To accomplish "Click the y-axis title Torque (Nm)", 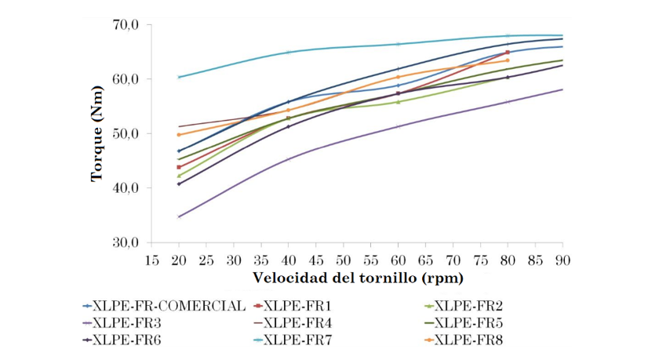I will click(x=97, y=133).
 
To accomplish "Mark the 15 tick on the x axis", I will click(x=151, y=259).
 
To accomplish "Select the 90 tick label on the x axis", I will click(x=562, y=259).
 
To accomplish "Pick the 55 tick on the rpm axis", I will click(x=370, y=259).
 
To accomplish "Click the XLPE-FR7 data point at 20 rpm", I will click(x=179, y=77).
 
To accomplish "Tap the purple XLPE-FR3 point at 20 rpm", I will click(x=179, y=216).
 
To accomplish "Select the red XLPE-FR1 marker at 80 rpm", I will click(x=508, y=53).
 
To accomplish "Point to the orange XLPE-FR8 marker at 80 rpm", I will click(x=508, y=60).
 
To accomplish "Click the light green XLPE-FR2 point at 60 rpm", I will click(x=398, y=102).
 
